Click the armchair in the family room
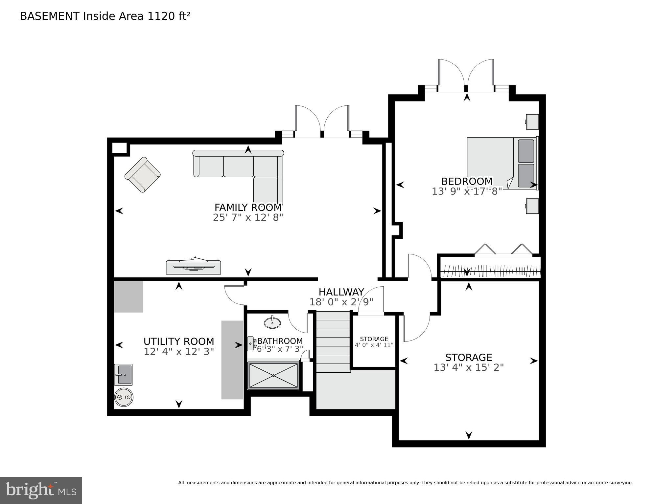click(142, 174)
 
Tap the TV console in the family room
click(193, 267)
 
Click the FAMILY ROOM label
click(248, 208)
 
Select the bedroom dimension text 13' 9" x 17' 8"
click(467, 191)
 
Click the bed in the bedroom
click(501, 163)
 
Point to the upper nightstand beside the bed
click(532, 121)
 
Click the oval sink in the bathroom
click(272, 322)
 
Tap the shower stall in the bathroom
click(273, 375)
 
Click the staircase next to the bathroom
click(333, 342)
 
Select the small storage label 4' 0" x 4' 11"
click(374, 345)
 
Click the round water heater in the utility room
click(124, 397)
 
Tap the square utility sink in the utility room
click(124, 374)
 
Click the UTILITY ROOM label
click(179, 341)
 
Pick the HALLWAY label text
click(341, 292)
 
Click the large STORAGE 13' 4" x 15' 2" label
click(468, 362)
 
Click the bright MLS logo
click(41, 490)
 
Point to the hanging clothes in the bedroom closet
click(490, 271)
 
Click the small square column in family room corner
click(119, 148)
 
